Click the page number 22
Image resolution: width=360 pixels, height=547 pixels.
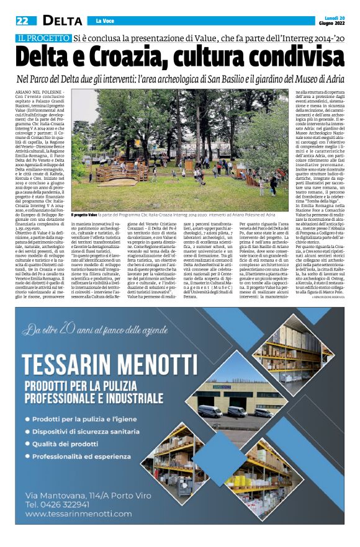(x=22, y=20)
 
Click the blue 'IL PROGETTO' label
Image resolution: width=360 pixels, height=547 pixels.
(x=43, y=39)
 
